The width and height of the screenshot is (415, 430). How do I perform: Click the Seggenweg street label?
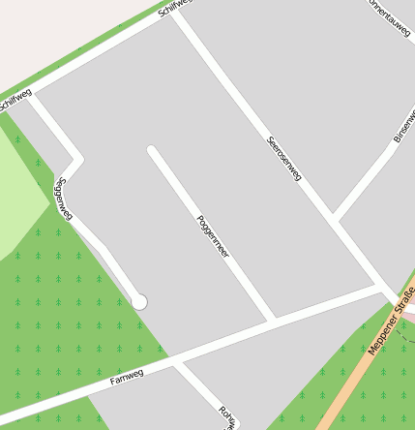tap(65, 199)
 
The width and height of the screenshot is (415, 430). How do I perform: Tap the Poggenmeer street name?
tap(213, 235)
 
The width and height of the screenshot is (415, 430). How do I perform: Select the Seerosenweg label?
tap(284, 158)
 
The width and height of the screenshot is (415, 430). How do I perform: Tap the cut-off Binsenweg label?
tap(404, 125)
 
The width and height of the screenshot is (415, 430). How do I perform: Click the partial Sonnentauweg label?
tap(387, 17)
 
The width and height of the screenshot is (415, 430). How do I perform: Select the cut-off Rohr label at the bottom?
tap(228, 416)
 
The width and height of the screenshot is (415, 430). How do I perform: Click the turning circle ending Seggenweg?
tap(139, 302)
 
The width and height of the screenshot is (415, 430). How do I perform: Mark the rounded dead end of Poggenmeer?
tap(152, 150)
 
